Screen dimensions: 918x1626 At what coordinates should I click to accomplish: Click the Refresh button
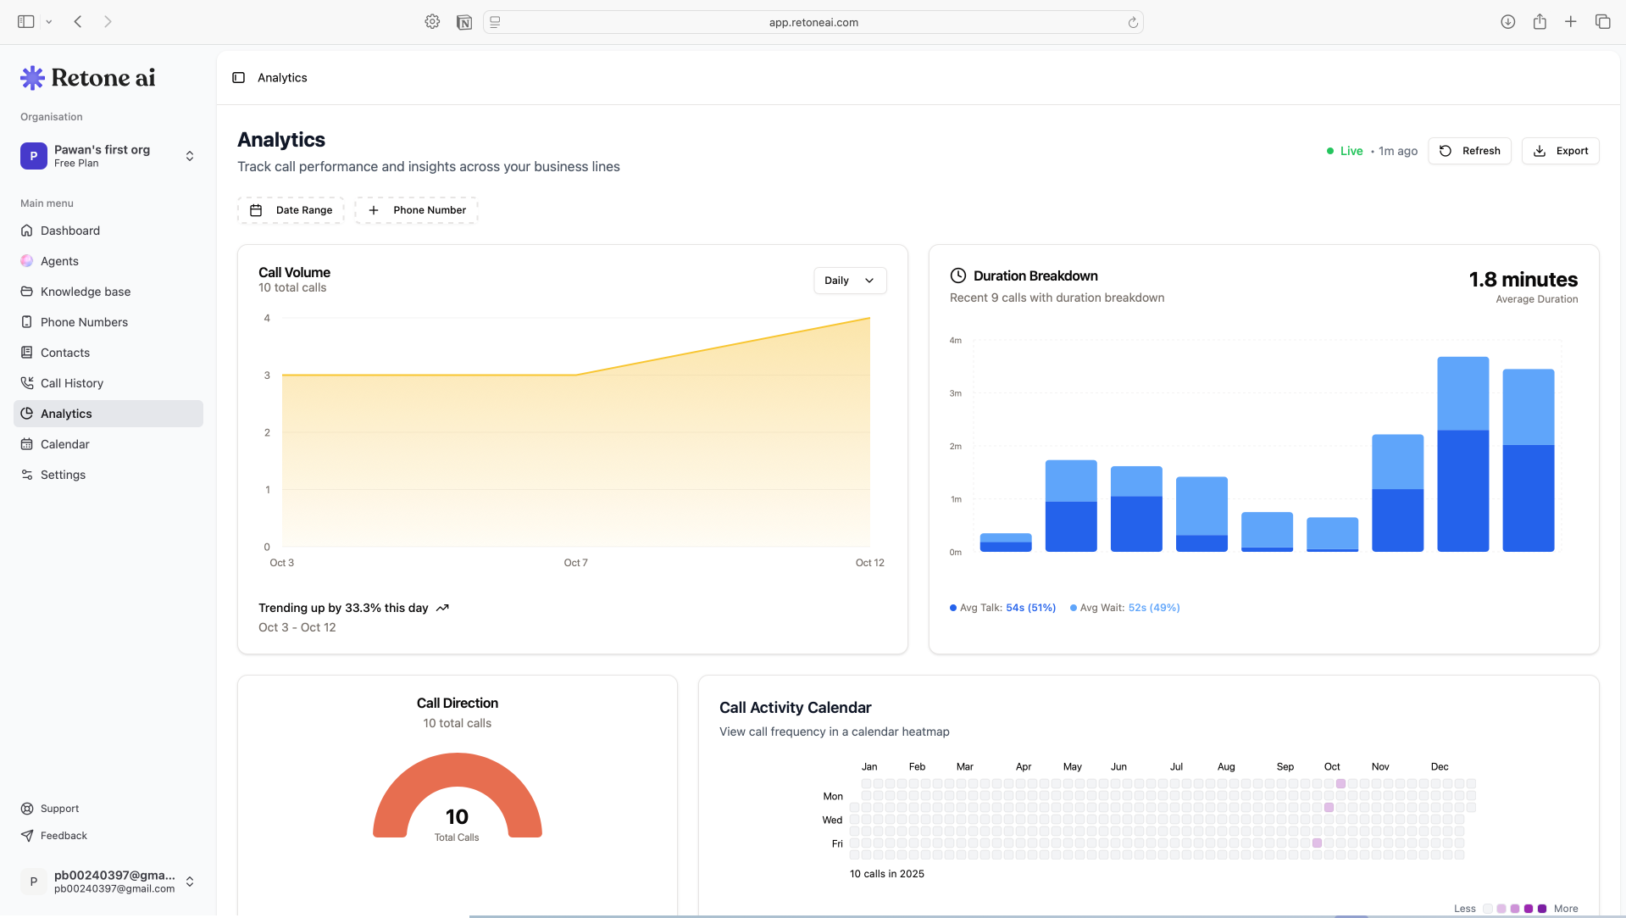pyautogui.click(x=1469, y=151)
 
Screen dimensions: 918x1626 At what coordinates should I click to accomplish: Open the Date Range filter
pyautogui.click(x=291, y=210)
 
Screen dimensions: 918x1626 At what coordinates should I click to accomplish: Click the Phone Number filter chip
pyautogui.click(x=416, y=210)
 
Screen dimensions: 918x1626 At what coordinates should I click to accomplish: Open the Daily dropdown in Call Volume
pyautogui.click(x=849, y=281)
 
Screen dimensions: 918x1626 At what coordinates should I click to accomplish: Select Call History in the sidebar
pyautogui.click(x=72, y=383)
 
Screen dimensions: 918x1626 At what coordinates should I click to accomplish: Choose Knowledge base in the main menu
pyautogui.click(x=85, y=292)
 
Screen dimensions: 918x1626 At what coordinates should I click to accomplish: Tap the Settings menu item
pyautogui.click(x=63, y=475)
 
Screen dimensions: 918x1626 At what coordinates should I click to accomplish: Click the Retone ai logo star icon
pyautogui.click(x=32, y=78)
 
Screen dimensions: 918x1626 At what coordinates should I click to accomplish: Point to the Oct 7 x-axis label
pyautogui.click(x=575, y=563)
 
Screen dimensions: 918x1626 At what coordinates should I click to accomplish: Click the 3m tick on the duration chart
pyautogui.click(x=955, y=393)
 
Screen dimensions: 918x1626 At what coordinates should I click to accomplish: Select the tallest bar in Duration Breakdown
pyautogui.click(x=1462, y=453)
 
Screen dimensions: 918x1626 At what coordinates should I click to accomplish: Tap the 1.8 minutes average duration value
pyautogui.click(x=1523, y=280)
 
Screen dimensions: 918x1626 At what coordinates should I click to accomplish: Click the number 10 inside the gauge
pyautogui.click(x=457, y=816)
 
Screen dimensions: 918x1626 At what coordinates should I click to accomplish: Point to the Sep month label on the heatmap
pyautogui.click(x=1285, y=766)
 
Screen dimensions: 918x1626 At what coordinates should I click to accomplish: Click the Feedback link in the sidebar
pyautogui.click(x=64, y=836)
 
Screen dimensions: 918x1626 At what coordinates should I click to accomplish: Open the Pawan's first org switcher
pyautogui.click(x=108, y=156)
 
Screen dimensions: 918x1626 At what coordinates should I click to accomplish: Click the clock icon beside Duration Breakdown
pyautogui.click(x=957, y=275)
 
